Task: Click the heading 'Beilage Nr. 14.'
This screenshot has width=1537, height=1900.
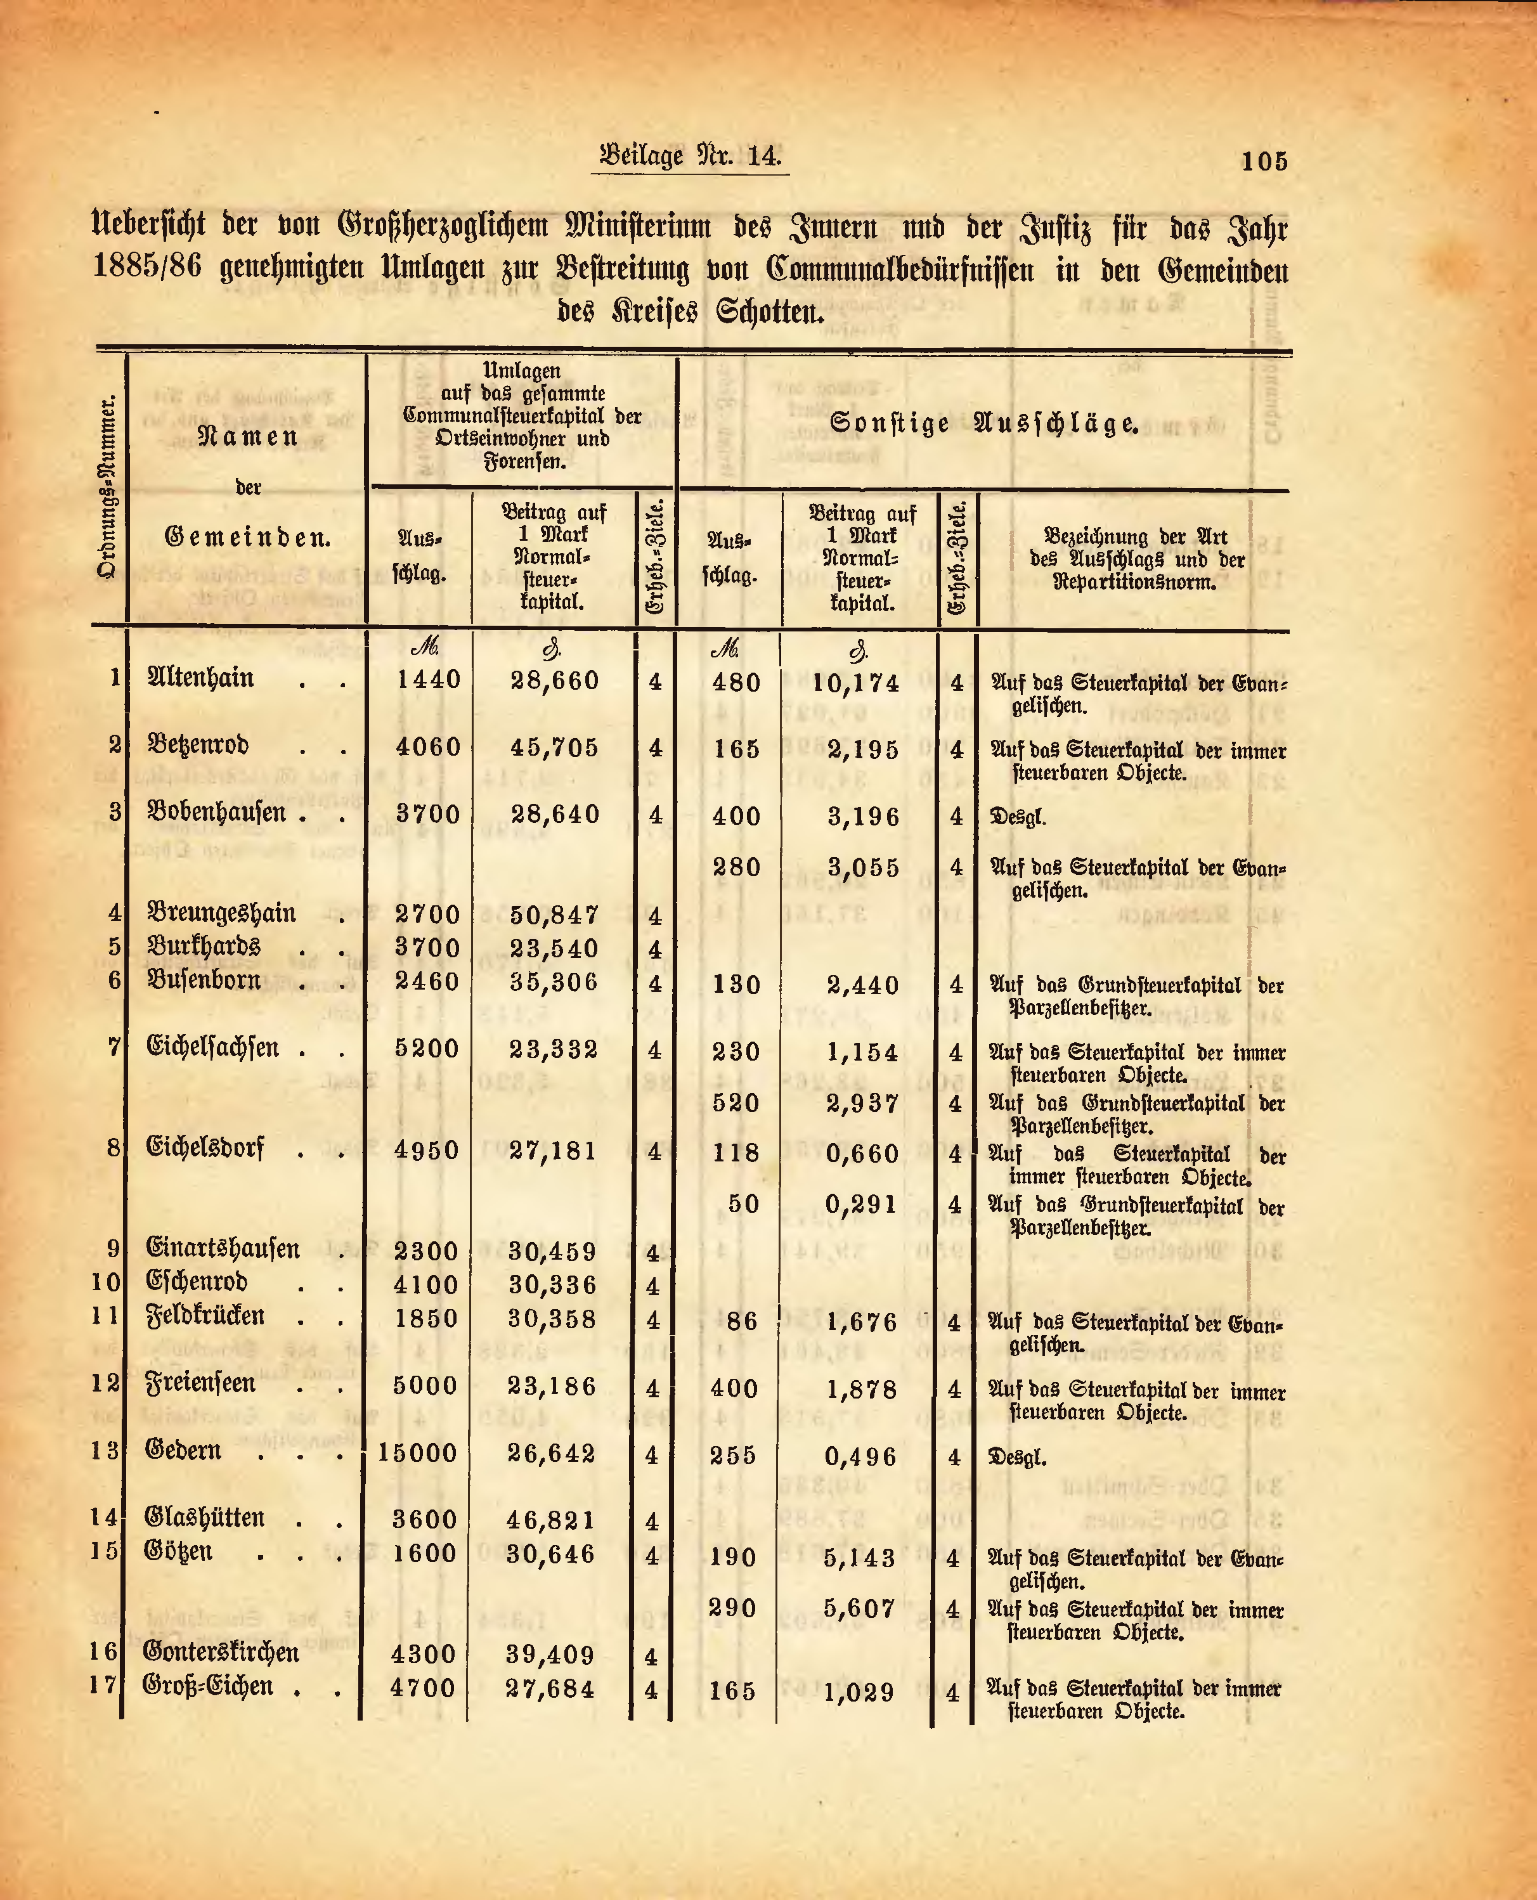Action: coord(690,156)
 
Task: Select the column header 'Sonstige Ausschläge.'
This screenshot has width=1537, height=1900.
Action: coord(983,423)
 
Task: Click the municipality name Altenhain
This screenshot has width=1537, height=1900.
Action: coord(200,678)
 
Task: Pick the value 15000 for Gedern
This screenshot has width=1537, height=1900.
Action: coord(417,1453)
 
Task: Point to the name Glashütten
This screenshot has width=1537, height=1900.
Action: coord(205,1518)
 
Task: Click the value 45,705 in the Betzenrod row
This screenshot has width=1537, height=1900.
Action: coord(554,747)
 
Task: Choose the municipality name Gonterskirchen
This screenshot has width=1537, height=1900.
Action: coord(221,1652)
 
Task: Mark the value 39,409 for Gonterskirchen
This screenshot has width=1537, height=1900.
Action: coord(551,1654)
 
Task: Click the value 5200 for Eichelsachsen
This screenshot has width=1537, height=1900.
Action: coord(427,1049)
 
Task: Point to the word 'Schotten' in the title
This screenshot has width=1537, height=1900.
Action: coord(769,313)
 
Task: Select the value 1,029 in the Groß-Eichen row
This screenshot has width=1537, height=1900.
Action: coord(859,1692)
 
